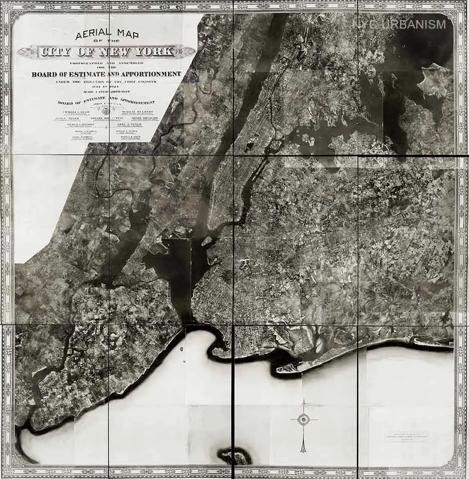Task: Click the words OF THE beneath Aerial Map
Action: pos(106,43)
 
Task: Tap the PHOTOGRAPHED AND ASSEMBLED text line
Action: pos(106,63)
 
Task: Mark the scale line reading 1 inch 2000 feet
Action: pos(106,91)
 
